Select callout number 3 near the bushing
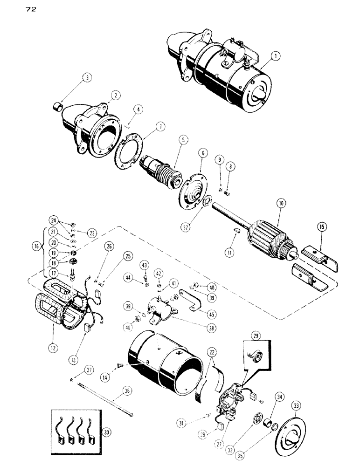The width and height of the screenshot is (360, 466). point(87,78)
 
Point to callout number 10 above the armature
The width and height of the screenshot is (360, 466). point(283,203)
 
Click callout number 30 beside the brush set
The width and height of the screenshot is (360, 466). point(108,432)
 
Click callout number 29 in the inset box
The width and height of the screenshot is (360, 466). point(256,336)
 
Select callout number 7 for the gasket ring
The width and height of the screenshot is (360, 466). point(148,126)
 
